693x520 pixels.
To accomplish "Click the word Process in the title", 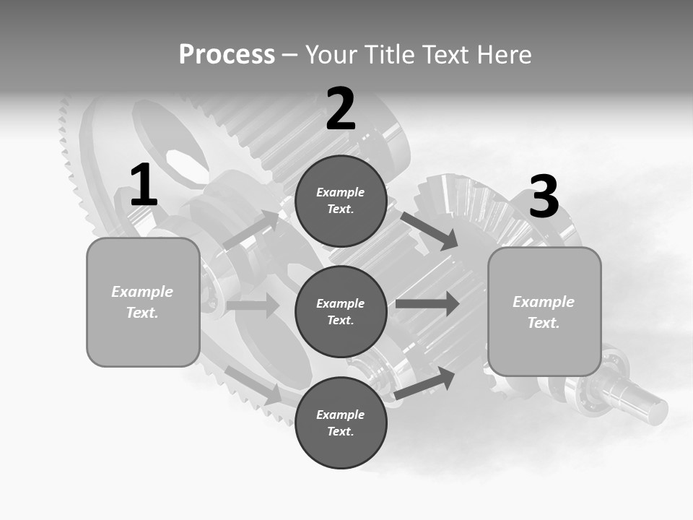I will [x=227, y=54].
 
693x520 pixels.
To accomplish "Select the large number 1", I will [x=144, y=186].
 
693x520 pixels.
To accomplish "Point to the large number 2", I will [x=341, y=109].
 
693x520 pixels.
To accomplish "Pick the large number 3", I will [x=544, y=196].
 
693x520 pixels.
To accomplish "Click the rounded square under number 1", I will [x=143, y=302].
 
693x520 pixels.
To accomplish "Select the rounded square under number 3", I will [x=544, y=311].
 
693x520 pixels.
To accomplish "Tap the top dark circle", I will [x=341, y=201].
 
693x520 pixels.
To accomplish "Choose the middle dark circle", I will [x=341, y=311].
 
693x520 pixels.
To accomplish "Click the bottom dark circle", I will [x=341, y=422].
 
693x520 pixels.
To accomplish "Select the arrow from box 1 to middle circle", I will [x=252, y=305].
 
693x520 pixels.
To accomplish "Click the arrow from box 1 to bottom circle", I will [x=253, y=384].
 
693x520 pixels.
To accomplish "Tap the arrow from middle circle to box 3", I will [x=427, y=303].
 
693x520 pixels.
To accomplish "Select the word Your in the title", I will [x=330, y=54].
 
